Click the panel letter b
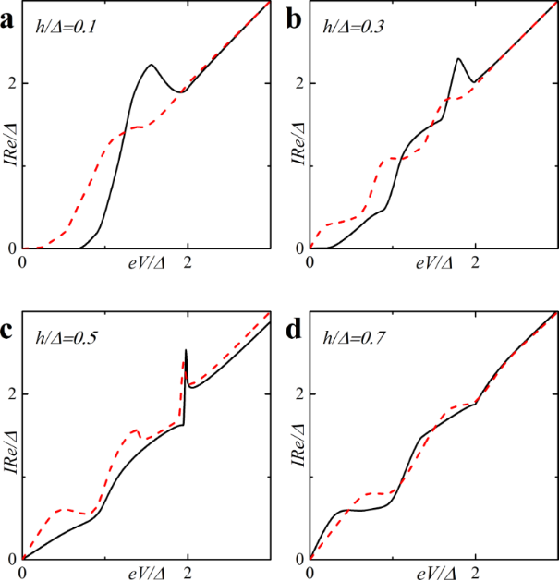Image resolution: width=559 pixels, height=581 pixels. tap(296, 17)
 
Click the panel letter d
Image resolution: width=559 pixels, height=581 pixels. tap(296, 328)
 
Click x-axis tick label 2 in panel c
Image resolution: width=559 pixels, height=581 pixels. tap(188, 574)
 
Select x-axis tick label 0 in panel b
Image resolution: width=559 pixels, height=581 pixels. tap(310, 263)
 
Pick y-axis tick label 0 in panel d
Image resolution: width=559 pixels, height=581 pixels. tap(298, 560)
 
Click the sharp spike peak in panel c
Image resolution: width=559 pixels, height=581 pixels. tap(186, 350)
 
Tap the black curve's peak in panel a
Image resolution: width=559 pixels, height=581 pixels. tap(152, 65)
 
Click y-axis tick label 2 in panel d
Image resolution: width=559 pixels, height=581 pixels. tap(298, 394)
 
